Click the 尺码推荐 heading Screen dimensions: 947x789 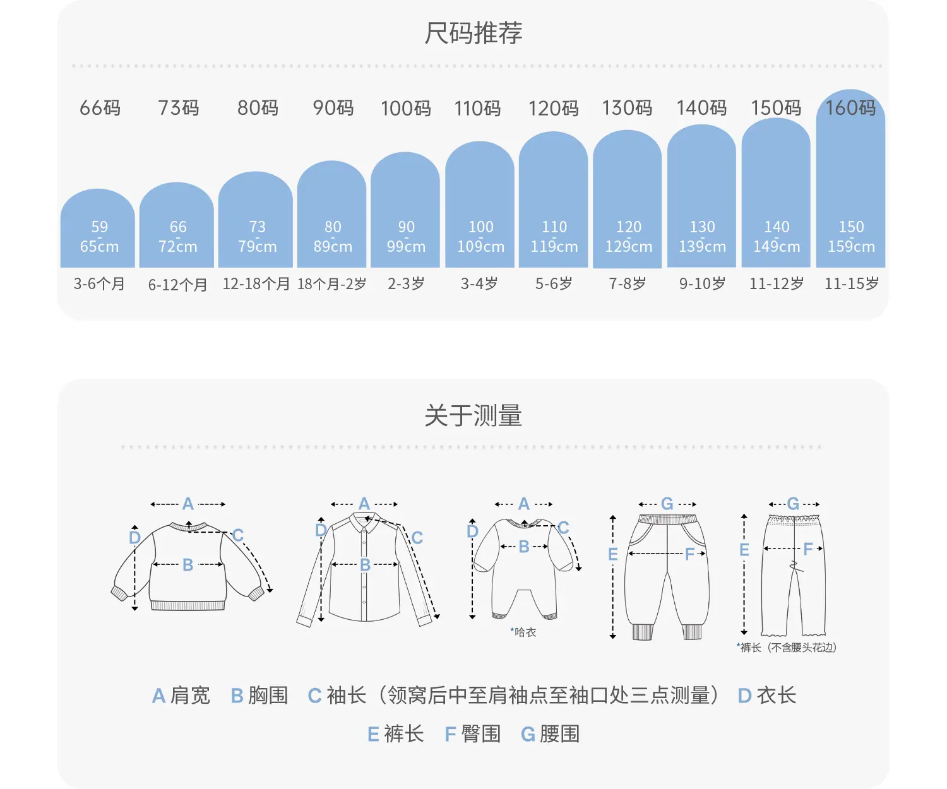coord(473,33)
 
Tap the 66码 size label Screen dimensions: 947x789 coord(100,108)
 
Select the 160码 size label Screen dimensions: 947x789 coord(850,108)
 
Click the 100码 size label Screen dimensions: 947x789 coord(405,109)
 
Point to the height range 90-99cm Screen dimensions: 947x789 coord(406,236)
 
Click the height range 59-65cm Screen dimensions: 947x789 coord(99,236)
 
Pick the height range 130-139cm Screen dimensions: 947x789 coord(702,236)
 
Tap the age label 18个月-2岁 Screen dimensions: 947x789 coord(331,284)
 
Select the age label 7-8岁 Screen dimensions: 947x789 coord(628,283)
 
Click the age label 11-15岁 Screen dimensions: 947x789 coord(851,283)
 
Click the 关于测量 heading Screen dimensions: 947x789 coord(473,415)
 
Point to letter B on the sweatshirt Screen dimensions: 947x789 coord(188,564)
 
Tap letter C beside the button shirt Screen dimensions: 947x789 coord(417,538)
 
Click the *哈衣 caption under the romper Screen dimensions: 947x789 coord(523,632)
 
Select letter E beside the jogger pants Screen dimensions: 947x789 coord(613,554)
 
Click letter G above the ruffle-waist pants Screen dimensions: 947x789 coord(793,503)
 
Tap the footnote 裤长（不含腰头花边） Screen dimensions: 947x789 coord(786,648)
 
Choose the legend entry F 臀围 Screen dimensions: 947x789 coord(473,734)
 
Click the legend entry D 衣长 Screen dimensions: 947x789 coord(766,696)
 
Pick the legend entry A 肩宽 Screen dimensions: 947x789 coord(181,696)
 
